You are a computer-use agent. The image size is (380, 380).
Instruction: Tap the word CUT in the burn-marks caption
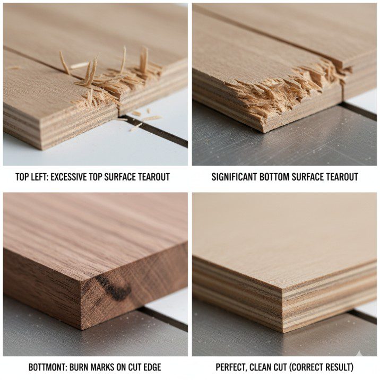134,367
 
